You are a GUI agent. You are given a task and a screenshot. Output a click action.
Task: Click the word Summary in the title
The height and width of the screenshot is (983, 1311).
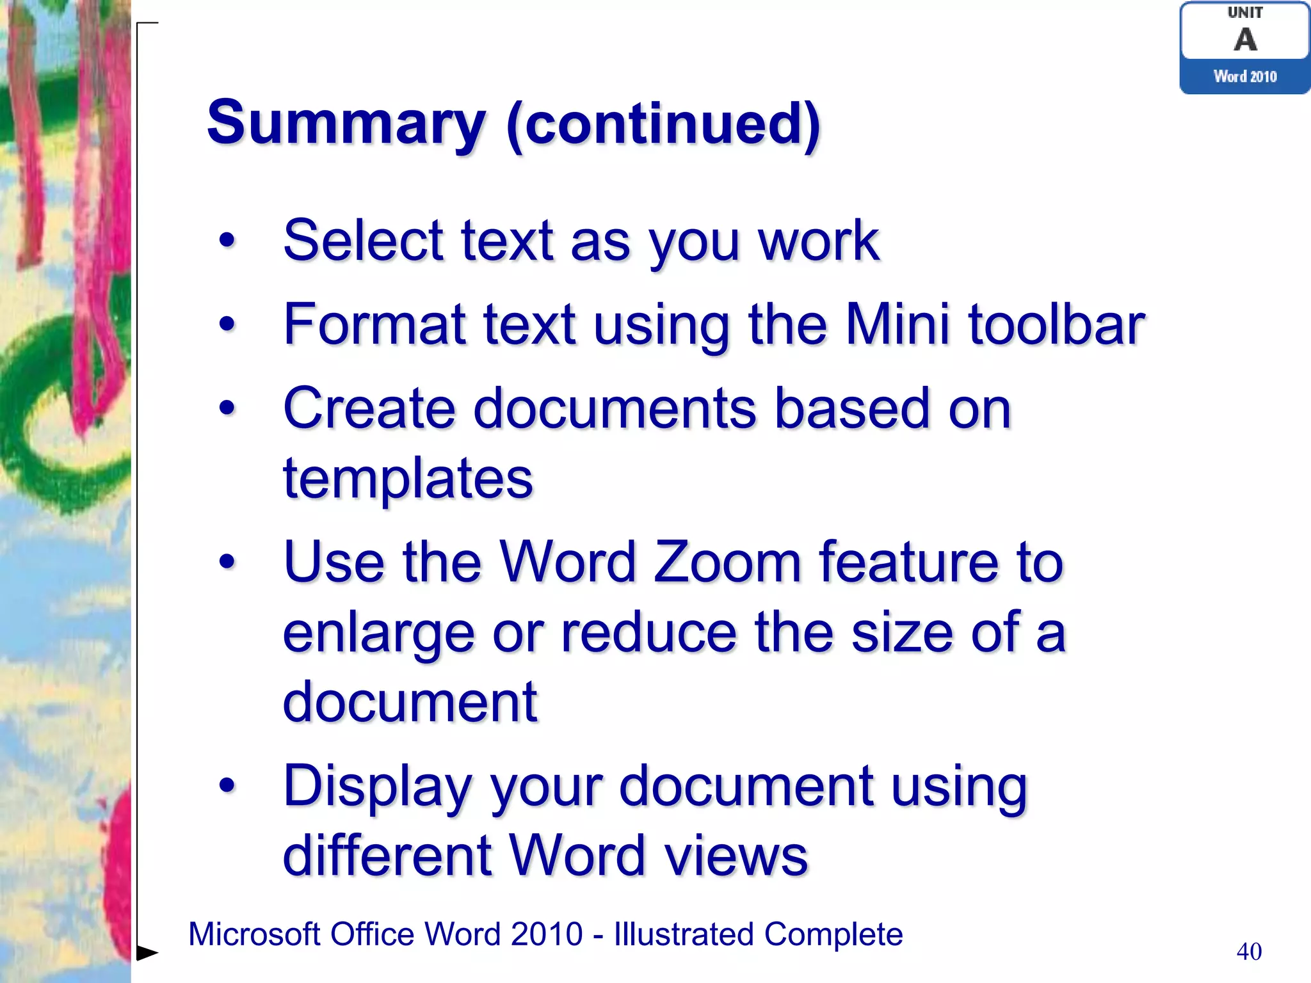tap(346, 123)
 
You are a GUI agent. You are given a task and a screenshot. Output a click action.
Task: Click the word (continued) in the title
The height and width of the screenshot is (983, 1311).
tap(663, 123)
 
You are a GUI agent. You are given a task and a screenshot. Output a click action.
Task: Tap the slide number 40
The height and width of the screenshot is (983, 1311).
tap(1249, 952)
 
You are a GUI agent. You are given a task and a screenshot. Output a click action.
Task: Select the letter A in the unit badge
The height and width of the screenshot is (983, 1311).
tap(1245, 40)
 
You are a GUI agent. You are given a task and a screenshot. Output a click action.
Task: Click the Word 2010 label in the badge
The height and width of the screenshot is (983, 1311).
tap(1245, 77)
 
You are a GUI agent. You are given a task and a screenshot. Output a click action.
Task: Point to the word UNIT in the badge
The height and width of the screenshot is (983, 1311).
tap(1245, 13)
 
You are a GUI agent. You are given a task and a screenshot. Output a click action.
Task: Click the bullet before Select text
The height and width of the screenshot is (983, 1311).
tap(227, 241)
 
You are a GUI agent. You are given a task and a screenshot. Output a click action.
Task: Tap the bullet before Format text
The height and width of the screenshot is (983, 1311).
tap(227, 324)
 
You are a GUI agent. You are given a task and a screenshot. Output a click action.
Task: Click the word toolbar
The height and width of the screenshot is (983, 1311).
tap(1056, 324)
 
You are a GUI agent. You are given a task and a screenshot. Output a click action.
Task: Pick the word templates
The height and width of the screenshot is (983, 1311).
tap(408, 479)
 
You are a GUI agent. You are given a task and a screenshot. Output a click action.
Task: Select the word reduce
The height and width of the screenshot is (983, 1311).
tap(649, 632)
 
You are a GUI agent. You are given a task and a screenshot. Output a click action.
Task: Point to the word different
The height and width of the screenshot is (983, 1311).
tap(387, 856)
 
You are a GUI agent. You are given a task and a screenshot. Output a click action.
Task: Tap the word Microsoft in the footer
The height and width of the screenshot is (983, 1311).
tap(253, 934)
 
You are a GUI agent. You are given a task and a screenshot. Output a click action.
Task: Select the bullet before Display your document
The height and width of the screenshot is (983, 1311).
tap(227, 786)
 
